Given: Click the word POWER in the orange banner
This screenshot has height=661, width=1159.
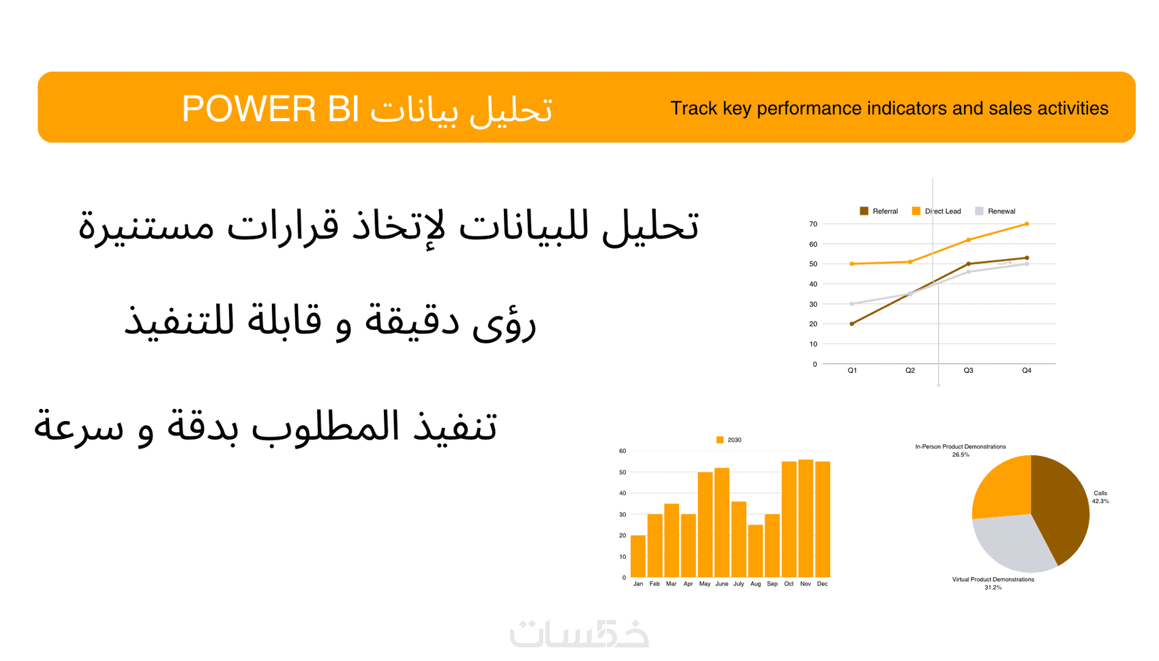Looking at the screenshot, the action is [x=248, y=108].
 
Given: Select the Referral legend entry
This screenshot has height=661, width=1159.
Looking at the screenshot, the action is [x=879, y=211].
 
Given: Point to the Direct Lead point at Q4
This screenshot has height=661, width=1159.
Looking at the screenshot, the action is [x=1027, y=224].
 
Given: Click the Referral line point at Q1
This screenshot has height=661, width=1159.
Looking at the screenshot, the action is [x=852, y=324].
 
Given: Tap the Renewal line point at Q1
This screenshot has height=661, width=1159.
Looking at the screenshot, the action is [x=852, y=304].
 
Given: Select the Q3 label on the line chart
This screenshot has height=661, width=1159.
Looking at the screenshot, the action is [x=968, y=370].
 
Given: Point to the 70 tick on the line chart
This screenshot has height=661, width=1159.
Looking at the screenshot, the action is [x=813, y=224].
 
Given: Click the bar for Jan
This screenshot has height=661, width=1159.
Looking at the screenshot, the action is [x=638, y=556].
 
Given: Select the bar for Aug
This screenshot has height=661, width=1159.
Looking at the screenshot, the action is [x=755, y=551].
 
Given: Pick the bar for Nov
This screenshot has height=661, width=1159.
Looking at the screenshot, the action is [x=806, y=519].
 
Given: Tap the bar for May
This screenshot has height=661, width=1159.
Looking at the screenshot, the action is [x=705, y=525].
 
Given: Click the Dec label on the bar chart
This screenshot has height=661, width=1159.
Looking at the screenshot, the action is [x=822, y=584].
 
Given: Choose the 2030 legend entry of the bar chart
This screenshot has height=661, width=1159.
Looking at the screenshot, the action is [x=729, y=440].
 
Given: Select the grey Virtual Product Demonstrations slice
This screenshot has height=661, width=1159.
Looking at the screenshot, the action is [x=1009, y=543].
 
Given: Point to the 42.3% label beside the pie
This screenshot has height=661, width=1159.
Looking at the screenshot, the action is [x=1100, y=501].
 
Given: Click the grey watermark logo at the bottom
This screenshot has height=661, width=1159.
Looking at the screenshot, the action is [x=579, y=634].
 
